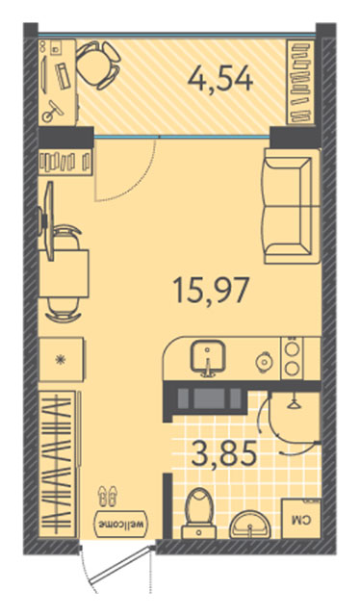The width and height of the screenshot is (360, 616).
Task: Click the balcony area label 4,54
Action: point(220,80)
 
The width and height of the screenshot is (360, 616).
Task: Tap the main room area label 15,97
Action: point(211,290)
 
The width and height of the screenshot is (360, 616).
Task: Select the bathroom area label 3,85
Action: point(224,453)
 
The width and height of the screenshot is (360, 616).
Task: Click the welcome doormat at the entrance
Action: point(122,525)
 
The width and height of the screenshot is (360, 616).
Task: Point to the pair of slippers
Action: point(107,496)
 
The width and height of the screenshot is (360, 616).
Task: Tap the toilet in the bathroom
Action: point(199,513)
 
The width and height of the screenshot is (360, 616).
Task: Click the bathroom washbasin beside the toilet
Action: point(250,525)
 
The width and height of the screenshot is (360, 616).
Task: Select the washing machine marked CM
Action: point(301,519)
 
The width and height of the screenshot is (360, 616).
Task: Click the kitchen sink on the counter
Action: point(208,358)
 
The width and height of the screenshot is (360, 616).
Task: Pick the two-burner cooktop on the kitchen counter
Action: point(293,357)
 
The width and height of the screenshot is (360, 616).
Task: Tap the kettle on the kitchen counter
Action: point(264,360)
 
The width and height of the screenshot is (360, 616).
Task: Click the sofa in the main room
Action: point(292,206)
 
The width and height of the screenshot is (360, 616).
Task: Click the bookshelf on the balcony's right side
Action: point(301,82)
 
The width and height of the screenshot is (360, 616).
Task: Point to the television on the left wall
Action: point(47,221)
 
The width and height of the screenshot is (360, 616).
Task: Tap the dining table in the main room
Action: point(64,273)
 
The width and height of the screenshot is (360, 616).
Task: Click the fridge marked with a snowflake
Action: point(62,359)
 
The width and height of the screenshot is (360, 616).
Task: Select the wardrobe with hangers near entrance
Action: point(58,464)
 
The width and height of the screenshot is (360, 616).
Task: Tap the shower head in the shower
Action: point(293,403)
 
